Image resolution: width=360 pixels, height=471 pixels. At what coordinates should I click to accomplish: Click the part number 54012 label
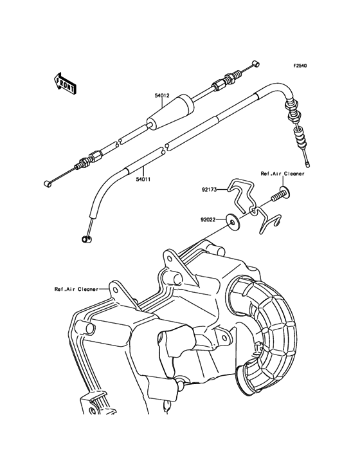[161, 96]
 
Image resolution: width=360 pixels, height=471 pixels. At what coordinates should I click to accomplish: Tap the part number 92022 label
[209, 219]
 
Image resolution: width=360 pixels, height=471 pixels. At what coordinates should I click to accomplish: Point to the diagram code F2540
[301, 66]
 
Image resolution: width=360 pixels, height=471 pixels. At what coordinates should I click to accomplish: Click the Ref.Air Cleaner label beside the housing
[76, 289]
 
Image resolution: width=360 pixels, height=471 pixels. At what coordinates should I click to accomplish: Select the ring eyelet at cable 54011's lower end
[85, 240]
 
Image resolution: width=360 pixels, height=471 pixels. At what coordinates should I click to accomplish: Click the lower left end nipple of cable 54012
[46, 184]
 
